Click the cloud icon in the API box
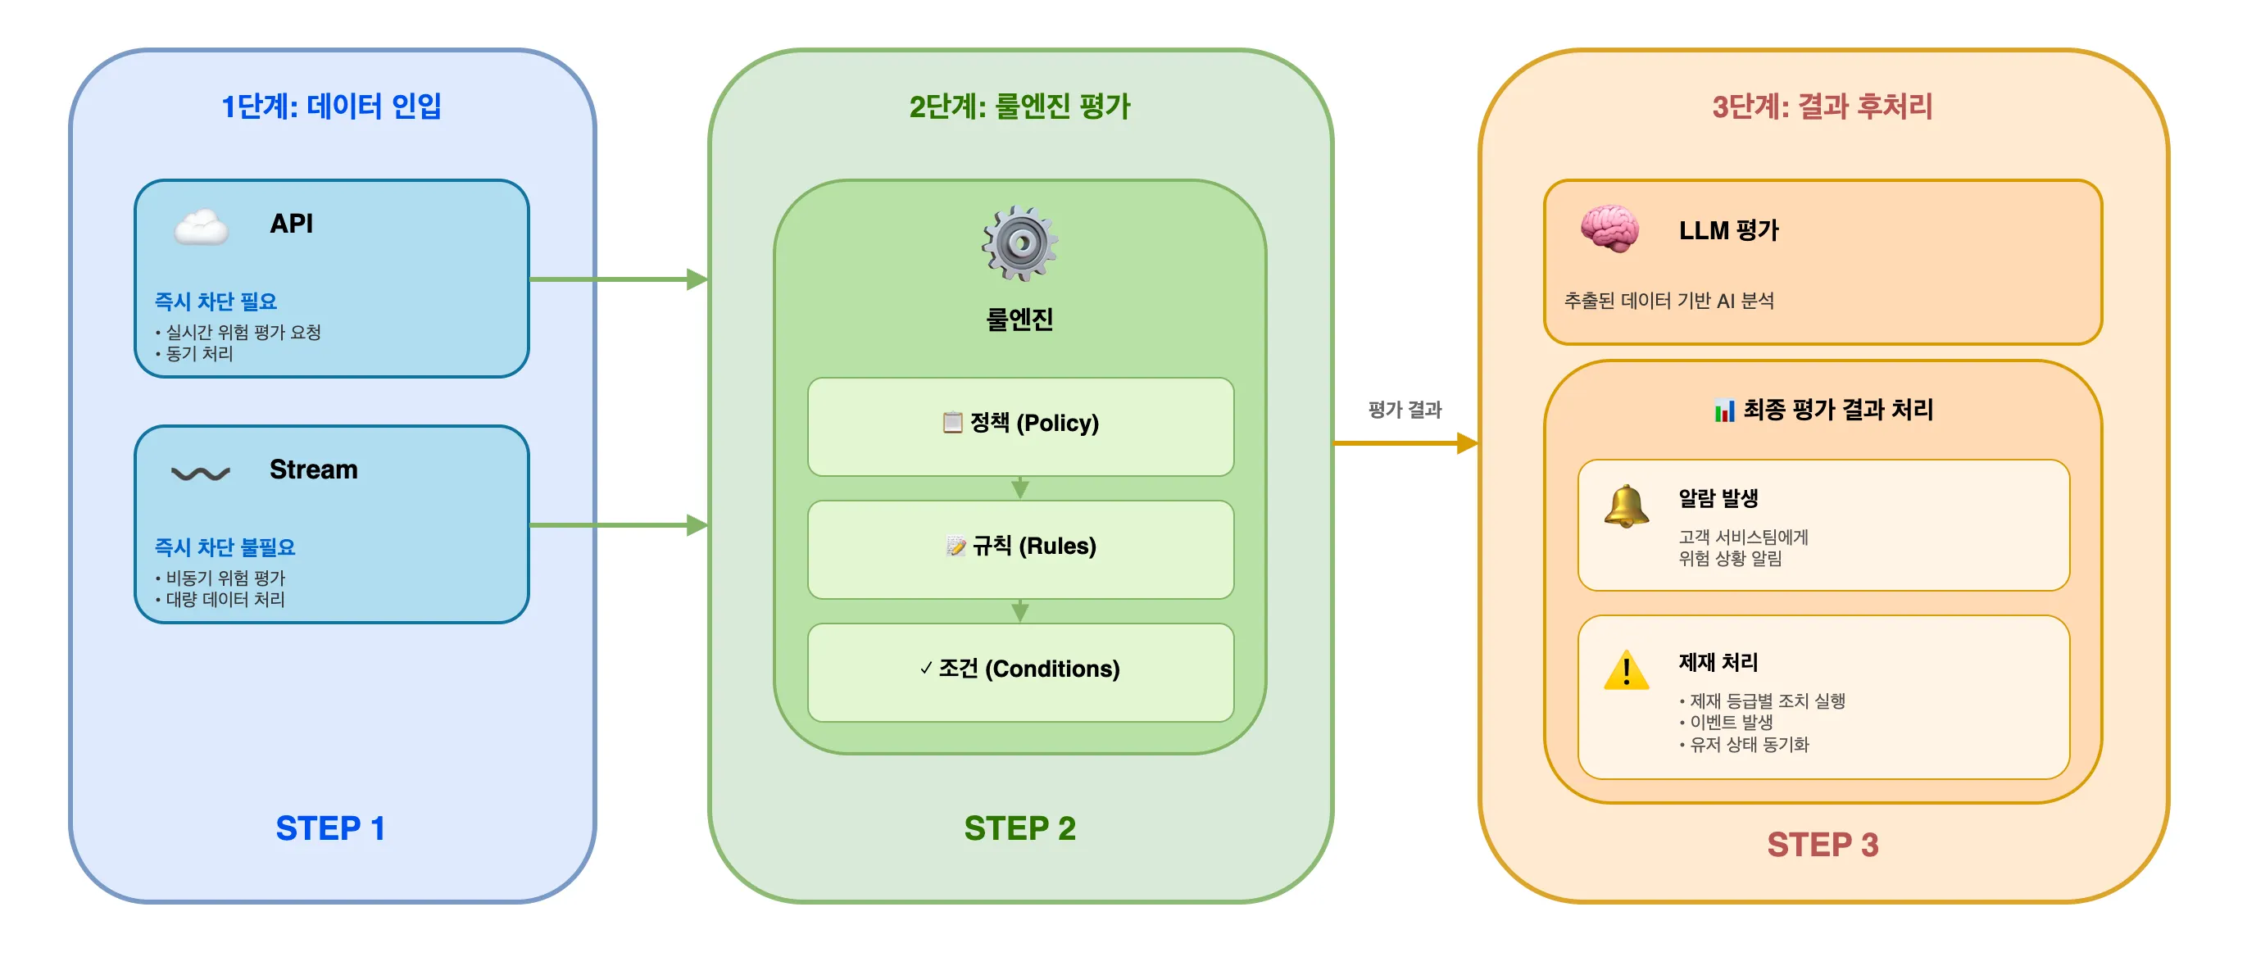click(x=202, y=228)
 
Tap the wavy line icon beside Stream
click(x=201, y=474)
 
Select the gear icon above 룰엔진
click(x=1019, y=243)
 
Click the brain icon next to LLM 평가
click(x=1609, y=229)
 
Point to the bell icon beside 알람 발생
click(x=1626, y=507)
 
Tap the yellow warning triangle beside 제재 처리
click(x=1626, y=671)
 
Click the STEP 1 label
click(x=329, y=827)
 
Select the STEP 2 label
click(x=1019, y=827)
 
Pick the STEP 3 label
click(x=1823, y=844)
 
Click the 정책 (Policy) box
click(x=1019, y=426)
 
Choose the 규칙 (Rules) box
click(x=1019, y=549)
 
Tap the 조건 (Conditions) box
click(x=1019, y=671)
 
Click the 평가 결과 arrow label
click(x=1405, y=409)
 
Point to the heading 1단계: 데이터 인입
click(x=330, y=107)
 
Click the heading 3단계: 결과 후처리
click(x=1823, y=107)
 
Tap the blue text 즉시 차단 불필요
click(x=225, y=547)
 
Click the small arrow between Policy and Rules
click(x=1019, y=488)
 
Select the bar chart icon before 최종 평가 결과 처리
click(x=1723, y=410)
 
